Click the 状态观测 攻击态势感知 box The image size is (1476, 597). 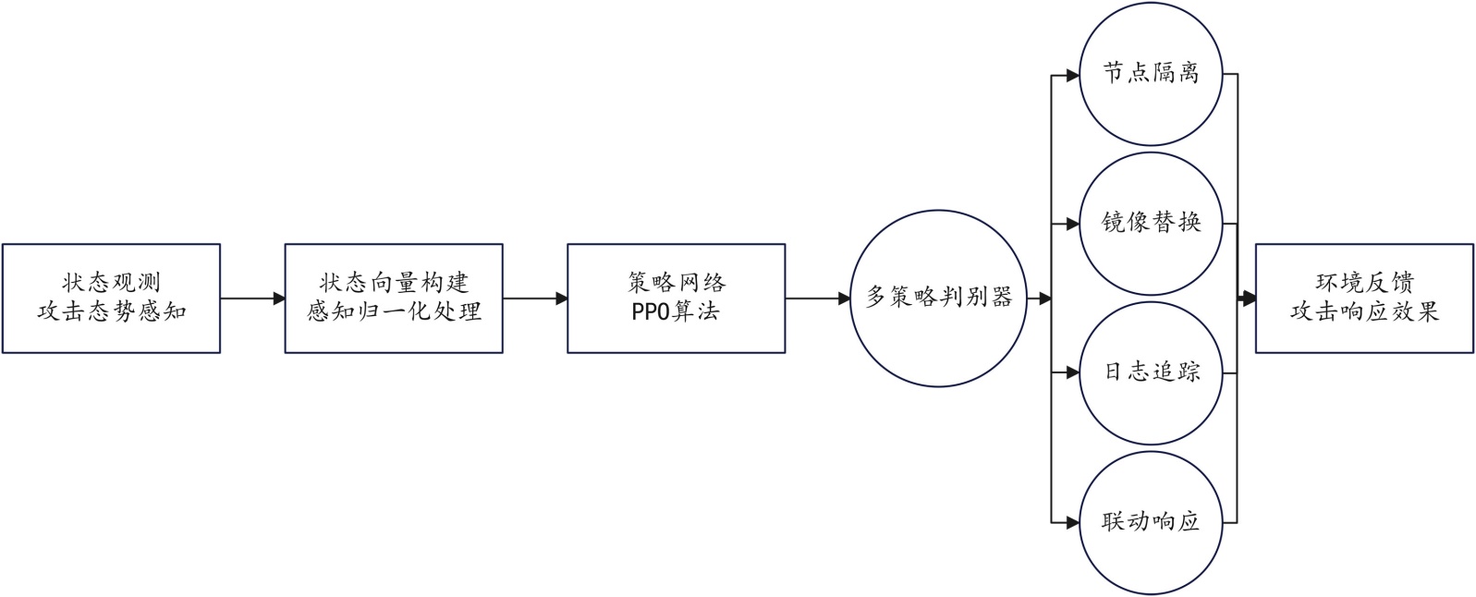(x=111, y=298)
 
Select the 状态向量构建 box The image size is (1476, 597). (x=394, y=298)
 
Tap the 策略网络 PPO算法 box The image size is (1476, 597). (x=676, y=298)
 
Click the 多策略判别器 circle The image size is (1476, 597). (x=938, y=298)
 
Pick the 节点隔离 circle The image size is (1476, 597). (x=1151, y=73)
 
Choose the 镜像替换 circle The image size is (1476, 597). (x=1151, y=223)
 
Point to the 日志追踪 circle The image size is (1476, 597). (x=1151, y=372)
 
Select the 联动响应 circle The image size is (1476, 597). (x=1151, y=522)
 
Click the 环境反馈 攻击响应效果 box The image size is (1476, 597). (x=1363, y=298)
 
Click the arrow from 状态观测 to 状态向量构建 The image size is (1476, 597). (x=252, y=298)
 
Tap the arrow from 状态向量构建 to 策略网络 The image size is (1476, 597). (x=535, y=298)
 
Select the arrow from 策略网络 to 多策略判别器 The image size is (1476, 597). (x=817, y=298)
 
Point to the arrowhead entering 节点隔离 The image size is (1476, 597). (x=1072, y=75)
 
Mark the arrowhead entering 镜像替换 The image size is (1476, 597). (x=1072, y=224)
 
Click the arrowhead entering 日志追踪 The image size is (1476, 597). (x=1072, y=373)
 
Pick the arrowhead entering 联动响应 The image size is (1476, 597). (x=1072, y=522)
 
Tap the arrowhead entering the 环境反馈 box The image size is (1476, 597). (x=1249, y=298)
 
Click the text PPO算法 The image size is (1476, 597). (x=675, y=311)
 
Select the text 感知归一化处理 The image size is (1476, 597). (x=394, y=311)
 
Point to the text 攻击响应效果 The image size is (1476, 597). (x=1364, y=311)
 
